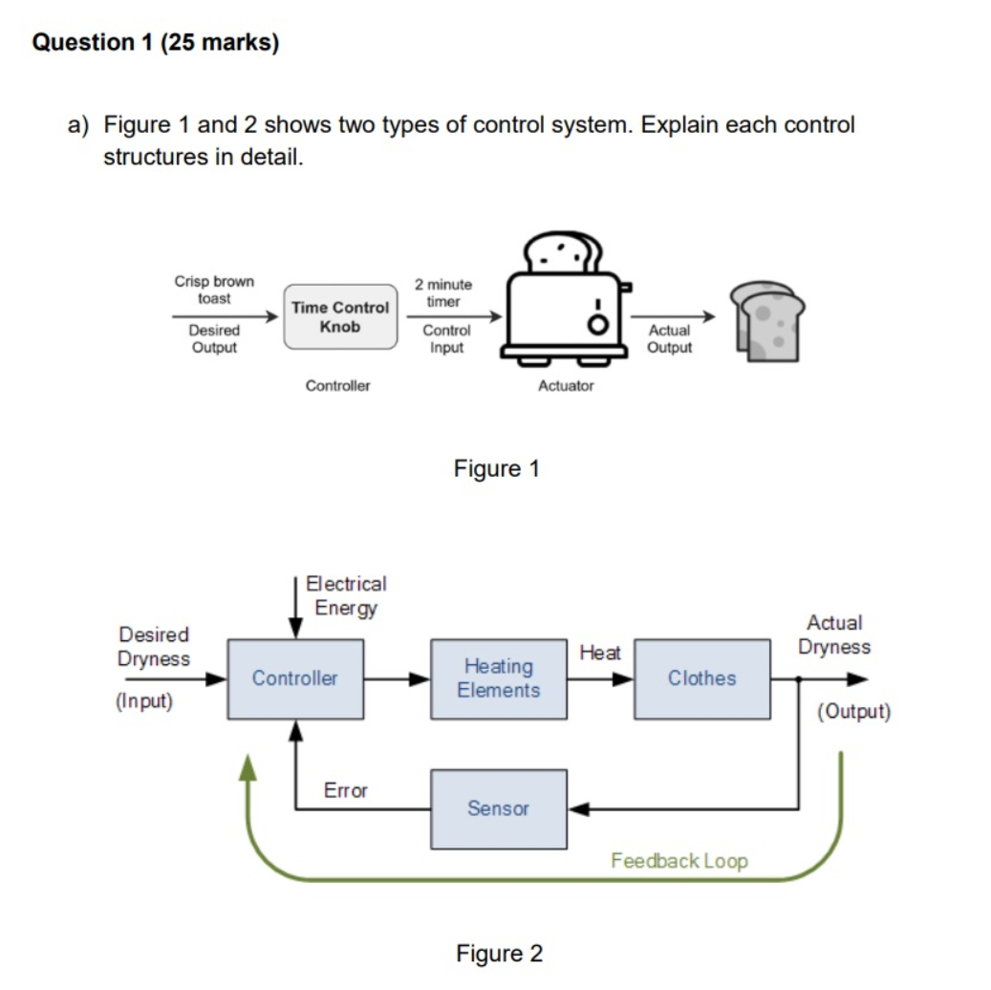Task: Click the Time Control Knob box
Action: coord(340,316)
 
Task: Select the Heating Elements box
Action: coord(498,678)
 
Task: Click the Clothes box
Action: coord(701,678)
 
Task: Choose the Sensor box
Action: coord(498,808)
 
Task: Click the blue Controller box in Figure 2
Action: coord(294,678)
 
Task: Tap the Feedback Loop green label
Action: coord(679,861)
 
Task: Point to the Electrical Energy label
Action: coord(346,595)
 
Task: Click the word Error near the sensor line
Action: coord(345,790)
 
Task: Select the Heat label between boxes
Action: coord(599,653)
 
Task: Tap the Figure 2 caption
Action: coord(498,954)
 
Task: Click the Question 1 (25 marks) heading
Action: coord(156,43)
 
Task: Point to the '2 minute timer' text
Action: coord(443,292)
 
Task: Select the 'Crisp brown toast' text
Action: coord(214,290)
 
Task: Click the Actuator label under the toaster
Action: coord(566,386)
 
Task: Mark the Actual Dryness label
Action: coord(834,635)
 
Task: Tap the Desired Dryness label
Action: coord(153,647)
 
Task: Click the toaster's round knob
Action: coord(598,325)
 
